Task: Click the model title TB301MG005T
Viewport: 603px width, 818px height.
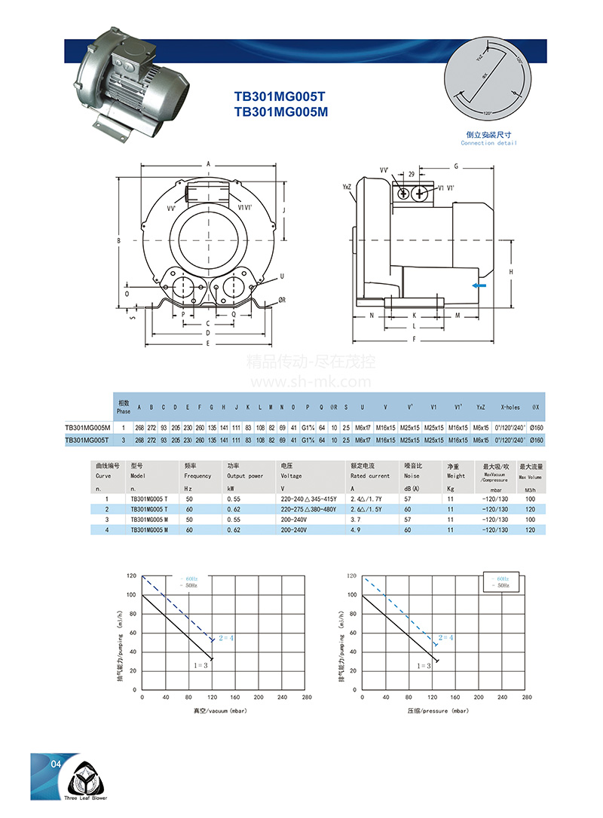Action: coord(279,96)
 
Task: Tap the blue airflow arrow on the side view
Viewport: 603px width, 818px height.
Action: coord(479,285)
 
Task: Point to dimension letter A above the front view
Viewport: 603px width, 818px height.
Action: coord(208,163)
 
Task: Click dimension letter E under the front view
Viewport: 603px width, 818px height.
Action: coord(208,343)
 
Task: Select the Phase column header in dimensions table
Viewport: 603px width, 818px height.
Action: coord(124,407)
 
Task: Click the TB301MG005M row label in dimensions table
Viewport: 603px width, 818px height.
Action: coord(87,428)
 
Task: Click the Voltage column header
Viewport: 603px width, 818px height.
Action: coord(291,476)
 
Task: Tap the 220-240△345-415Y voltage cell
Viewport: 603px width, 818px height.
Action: coord(308,499)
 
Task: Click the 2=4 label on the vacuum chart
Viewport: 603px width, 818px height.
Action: coord(226,638)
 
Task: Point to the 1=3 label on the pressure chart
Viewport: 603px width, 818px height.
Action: coord(424,666)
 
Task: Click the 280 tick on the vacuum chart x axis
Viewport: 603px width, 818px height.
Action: coord(306,697)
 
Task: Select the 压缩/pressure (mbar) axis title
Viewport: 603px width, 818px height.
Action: coord(438,710)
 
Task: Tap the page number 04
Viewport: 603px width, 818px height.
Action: coord(55,765)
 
